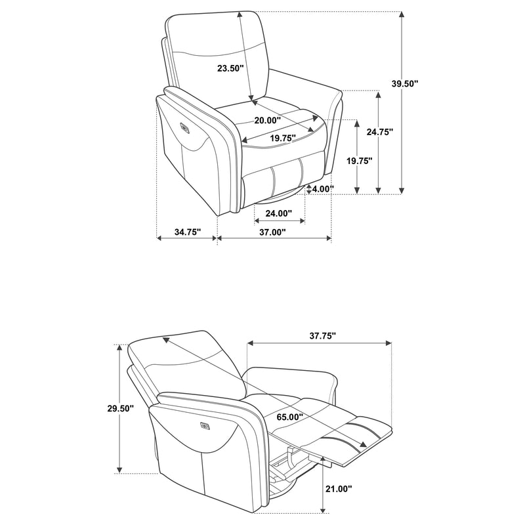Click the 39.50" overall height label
405,83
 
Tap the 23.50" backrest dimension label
231,68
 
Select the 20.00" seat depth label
268,120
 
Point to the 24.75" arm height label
380,131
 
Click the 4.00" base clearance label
323,189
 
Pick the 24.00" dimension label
278,213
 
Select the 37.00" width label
272,232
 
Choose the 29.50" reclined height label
120,408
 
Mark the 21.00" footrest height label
339,489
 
